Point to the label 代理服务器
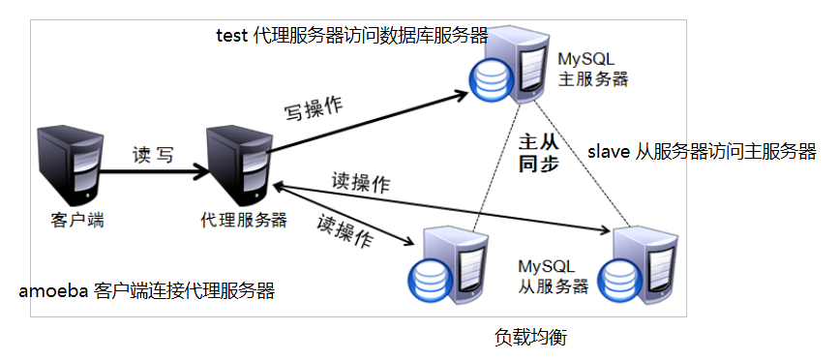(x=244, y=220)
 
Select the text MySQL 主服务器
(x=592, y=69)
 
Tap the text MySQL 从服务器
(x=554, y=276)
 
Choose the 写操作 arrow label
(x=315, y=109)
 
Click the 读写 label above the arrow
(x=153, y=155)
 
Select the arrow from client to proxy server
(x=155, y=172)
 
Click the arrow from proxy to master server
(x=368, y=121)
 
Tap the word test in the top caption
(x=231, y=35)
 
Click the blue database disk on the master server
(x=485, y=84)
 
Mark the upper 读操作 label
(x=361, y=183)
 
